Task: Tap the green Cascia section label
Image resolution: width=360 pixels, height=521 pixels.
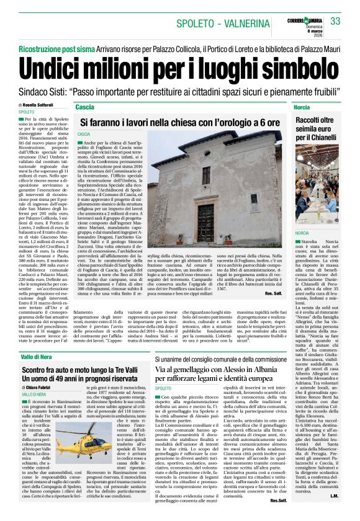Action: click(84, 107)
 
